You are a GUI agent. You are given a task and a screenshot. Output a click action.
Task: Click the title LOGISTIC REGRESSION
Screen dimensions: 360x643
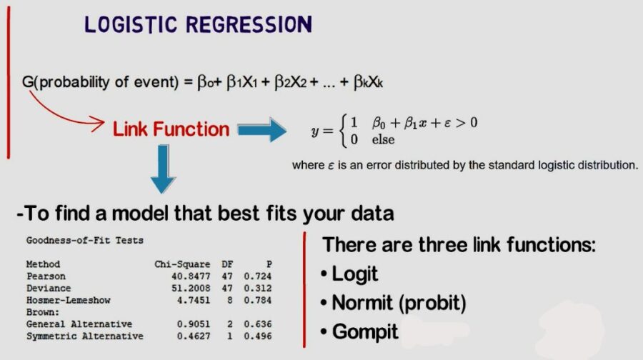pos(198,24)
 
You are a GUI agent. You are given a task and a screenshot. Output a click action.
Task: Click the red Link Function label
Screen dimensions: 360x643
pos(171,129)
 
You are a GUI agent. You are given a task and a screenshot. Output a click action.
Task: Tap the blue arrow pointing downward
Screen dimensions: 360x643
pos(163,171)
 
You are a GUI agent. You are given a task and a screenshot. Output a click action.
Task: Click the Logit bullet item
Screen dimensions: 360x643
pos(349,274)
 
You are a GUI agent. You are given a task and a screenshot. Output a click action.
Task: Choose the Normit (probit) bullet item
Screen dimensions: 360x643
pos(393,303)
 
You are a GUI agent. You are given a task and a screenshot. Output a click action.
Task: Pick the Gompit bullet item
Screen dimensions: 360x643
pos(359,331)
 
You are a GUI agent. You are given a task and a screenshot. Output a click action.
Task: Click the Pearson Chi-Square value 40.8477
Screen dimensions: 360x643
pos(184,276)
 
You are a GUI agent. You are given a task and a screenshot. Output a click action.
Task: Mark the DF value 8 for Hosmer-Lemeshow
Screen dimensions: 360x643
pos(227,300)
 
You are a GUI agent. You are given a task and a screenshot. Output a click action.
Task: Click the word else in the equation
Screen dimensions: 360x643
pos(383,140)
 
